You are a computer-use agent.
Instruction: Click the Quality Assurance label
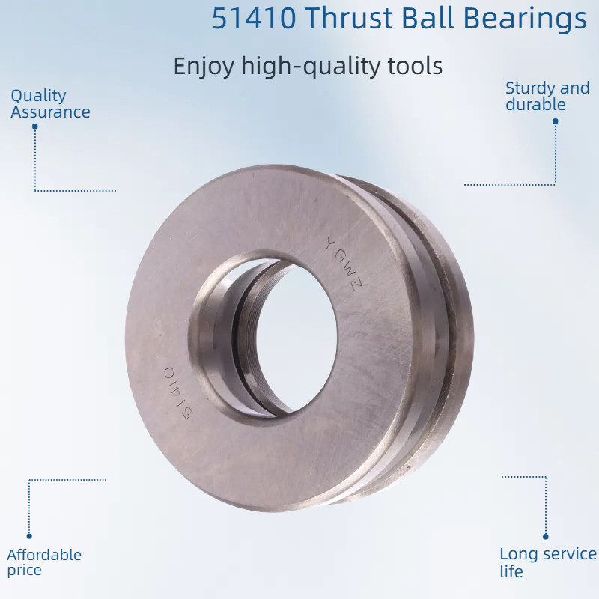(49, 104)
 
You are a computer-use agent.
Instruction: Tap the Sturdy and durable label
(547, 97)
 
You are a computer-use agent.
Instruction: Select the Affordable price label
(44, 562)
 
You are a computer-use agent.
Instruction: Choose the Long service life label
(547, 562)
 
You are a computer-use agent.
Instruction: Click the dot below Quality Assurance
(34, 127)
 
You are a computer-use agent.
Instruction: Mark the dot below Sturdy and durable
(556, 119)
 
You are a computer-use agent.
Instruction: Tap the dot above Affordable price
(29, 536)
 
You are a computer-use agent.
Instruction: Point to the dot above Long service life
(546, 536)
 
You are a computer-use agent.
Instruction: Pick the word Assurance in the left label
(50, 112)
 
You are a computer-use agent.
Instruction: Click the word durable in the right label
(535, 105)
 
